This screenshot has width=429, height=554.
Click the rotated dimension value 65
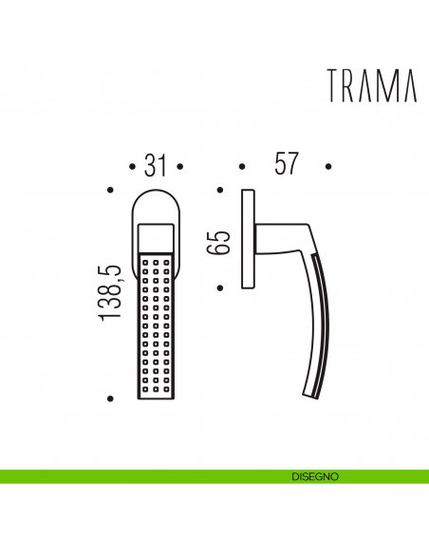(218, 239)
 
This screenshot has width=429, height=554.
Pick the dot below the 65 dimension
(219, 286)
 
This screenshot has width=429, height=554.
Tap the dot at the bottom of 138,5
(112, 398)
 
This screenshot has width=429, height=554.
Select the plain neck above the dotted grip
(157, 237)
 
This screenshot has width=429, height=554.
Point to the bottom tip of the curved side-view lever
(309, 393)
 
